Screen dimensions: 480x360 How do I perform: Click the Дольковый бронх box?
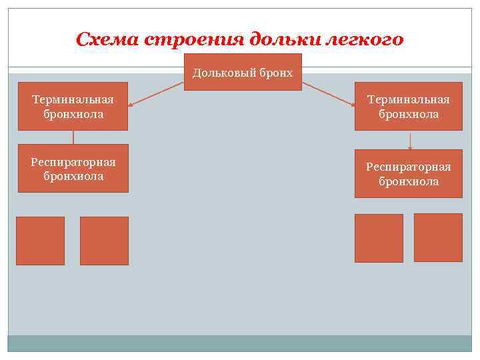[243, 72]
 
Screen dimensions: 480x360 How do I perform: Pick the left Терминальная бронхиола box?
[73, 106]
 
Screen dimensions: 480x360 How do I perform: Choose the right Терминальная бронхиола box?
[409, 106]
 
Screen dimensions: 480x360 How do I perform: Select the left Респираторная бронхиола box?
[73, 169]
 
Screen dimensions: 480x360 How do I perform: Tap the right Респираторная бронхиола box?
[409, 174]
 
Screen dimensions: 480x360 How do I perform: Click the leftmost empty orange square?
[41, 241]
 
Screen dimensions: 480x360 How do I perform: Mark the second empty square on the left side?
[104, 241]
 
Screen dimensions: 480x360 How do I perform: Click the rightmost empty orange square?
[438, 237]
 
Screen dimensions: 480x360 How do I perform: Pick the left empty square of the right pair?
[379, 238]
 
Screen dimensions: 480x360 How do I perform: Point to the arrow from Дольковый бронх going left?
[156, 93]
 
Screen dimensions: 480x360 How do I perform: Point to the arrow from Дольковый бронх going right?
[328, 93]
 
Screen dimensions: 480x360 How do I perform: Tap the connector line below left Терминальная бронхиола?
[73, 137]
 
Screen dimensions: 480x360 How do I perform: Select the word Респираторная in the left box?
[73, 162]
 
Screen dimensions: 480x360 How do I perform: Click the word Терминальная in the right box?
[409, 99]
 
